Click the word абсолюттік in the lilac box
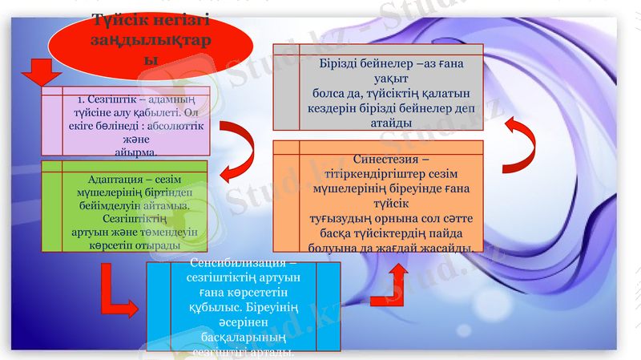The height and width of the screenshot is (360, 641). click(x=175, y=126)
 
